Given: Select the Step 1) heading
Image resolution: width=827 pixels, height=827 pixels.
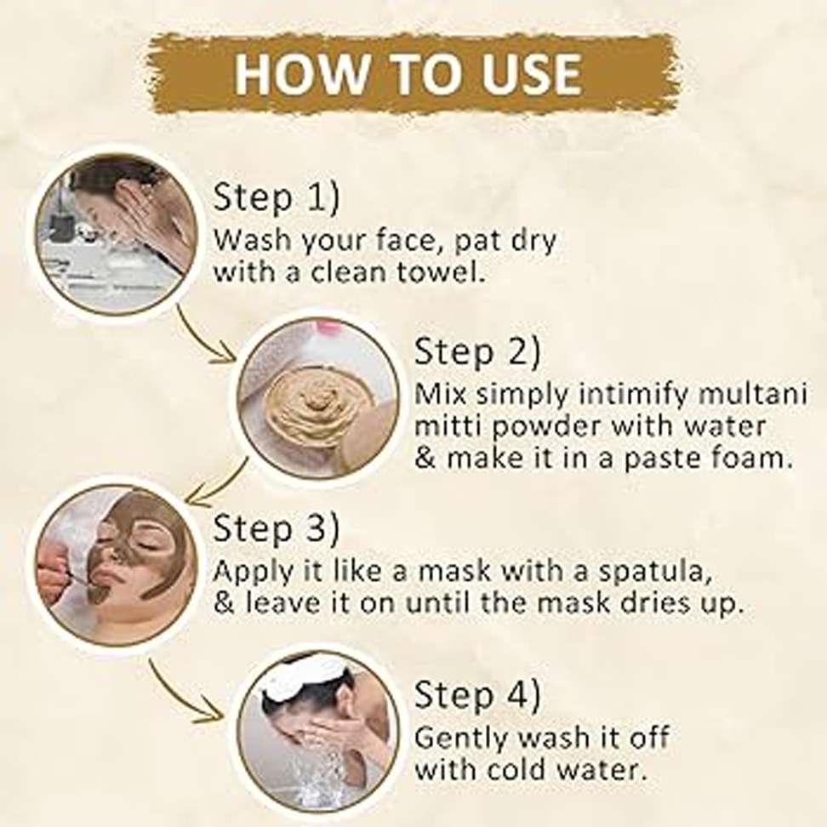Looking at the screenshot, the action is pyautogui.click(x=277, y=197).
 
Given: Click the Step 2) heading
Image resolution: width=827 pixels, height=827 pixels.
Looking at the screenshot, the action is pyautogui.click(x=478, y=351).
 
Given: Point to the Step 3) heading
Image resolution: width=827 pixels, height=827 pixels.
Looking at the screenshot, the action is pyautogui.click(x=277, y=528).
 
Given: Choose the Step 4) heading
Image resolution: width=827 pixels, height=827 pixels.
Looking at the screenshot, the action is pyautogui.click(x=478, y=694).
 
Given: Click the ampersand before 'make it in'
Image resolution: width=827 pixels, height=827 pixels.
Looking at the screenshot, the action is pyautogui.click(x=425, y=458).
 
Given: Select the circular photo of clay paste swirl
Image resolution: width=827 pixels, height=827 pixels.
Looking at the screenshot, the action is pyautogui.click(x=317, y=397).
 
